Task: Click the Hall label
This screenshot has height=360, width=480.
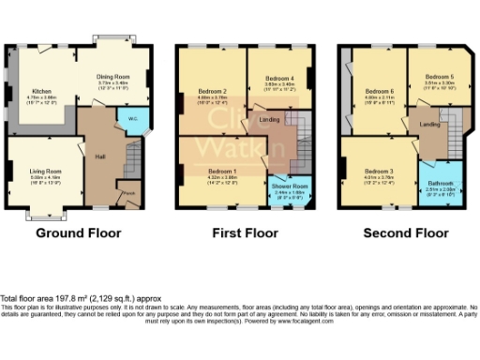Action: [98, 157]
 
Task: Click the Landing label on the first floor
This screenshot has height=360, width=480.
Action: [266, 119]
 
